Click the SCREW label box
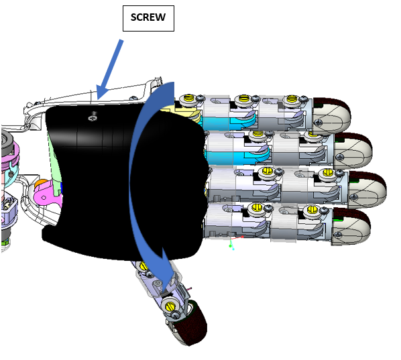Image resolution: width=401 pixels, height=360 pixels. coord(148,18)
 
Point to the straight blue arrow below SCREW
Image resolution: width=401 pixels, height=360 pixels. coord(109,70)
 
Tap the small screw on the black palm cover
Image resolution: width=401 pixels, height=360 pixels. coord(93,118)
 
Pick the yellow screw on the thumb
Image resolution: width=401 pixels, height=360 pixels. coord(170,306)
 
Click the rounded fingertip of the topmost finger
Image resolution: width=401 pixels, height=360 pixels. coord(332,115)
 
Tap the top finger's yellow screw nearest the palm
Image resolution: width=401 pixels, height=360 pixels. coord(188,98)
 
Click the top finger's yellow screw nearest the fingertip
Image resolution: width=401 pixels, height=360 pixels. coord(291,99)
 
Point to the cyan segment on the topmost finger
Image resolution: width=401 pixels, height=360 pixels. coord(227,122)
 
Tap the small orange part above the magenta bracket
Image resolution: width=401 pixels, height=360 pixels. coord(41,183)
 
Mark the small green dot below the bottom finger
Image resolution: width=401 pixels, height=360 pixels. coord(230,246)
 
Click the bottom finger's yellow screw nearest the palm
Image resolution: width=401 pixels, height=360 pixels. coord(257,207)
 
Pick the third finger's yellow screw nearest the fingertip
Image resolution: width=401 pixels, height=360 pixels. coord(327,172)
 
